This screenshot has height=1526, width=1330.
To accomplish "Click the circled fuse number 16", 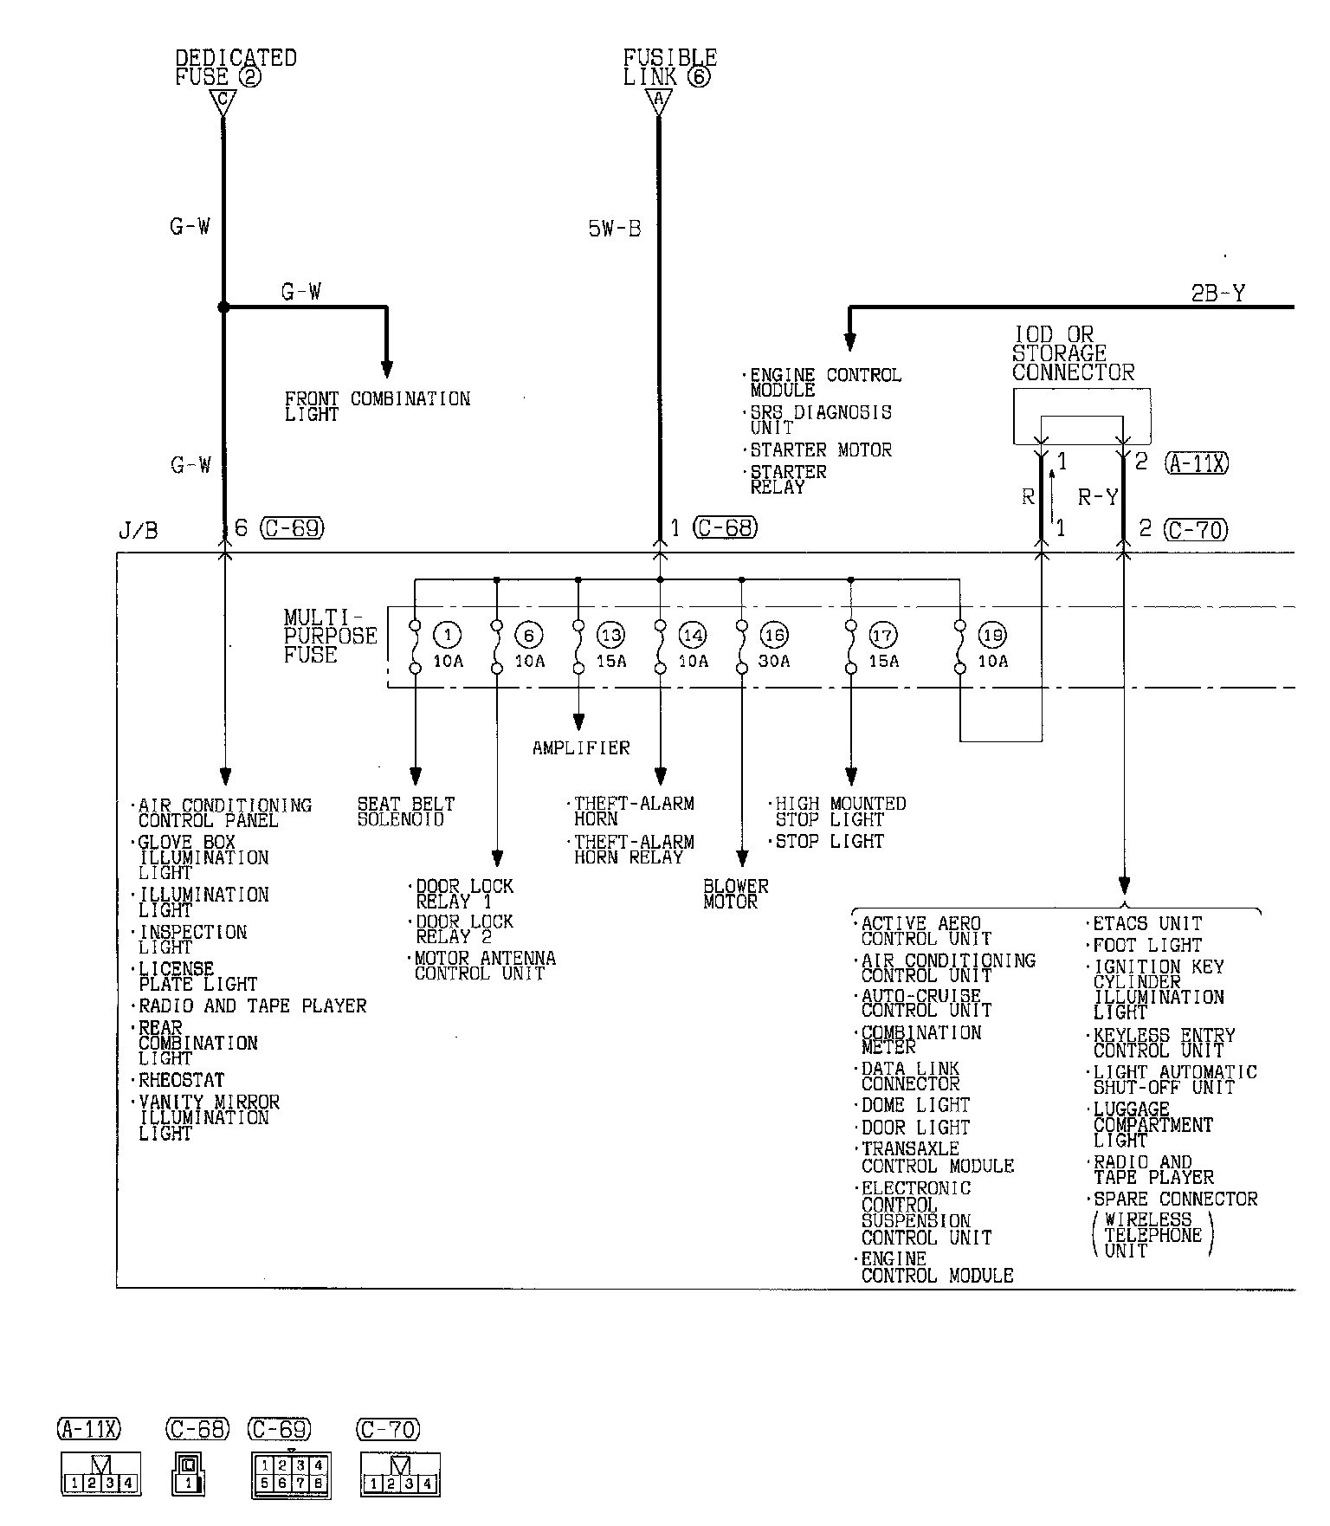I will click(x=774, y=635).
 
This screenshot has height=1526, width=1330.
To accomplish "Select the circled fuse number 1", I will click(x=448, y=635).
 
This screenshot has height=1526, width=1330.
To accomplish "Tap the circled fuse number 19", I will click(x=992, y=635).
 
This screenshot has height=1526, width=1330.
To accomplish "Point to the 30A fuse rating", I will click(x=774, y=661).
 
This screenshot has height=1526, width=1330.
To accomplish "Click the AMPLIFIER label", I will click(x=581, y=747).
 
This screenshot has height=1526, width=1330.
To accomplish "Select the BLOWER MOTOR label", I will click(x=735, y=894).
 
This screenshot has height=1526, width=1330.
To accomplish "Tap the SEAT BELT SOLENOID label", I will click(x=405, y=811).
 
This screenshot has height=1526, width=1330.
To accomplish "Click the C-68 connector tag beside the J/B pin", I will click(x=726, y=527).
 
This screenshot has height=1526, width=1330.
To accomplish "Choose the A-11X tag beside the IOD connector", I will click(x=1197, y=463).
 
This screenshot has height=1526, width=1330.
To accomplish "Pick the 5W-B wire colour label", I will click(x=615, y=230).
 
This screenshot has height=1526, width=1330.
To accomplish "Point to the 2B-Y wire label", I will click(x=1217, y=294).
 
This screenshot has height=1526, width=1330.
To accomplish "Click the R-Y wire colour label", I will click(x=1098, y=497).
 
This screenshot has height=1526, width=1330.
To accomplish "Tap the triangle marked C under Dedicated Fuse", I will click(x=223, y=102).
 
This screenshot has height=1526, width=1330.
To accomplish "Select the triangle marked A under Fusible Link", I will click(x=658, y=102).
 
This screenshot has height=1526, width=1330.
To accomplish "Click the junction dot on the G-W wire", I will click(x=223, y=307).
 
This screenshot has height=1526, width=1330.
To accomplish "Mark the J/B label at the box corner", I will click(x=138, y=530).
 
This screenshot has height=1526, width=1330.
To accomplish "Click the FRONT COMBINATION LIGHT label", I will click(x=378, y=406).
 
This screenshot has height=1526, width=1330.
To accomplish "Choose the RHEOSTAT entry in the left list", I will click(x=182, y=1080).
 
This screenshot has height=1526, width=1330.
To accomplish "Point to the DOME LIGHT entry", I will click(x=915, y=1105).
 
